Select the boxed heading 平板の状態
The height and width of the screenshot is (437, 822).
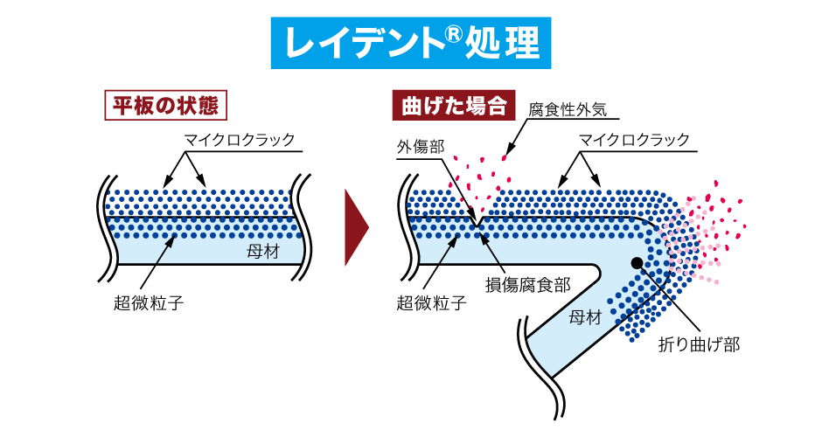[x=165, y=106]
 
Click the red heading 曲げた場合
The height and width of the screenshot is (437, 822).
[x=453, y=107]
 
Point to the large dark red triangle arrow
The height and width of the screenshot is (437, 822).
[x=355, y=225]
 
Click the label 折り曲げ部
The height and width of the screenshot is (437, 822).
[x=699, y=344]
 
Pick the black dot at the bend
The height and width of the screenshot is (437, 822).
[x=637, y=261]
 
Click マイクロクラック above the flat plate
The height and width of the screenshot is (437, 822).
[x=239, y=140]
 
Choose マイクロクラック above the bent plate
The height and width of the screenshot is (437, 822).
[x=634, y=140]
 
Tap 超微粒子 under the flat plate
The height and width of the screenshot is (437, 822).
[x=150, y=303]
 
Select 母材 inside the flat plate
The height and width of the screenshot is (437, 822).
[x=266, y=253]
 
